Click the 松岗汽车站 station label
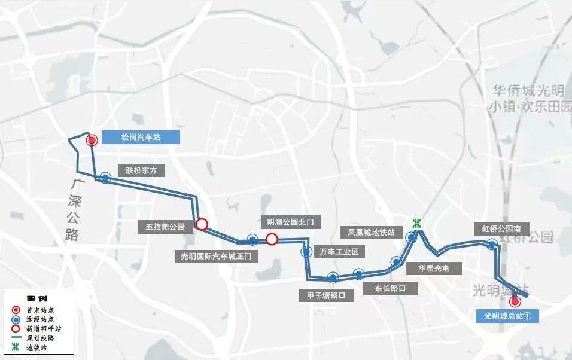141,138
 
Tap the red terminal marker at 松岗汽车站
92,141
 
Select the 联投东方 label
141,170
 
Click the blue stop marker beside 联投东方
105,178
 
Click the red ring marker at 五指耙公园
202,224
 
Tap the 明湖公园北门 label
290,222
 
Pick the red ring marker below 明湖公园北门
272,239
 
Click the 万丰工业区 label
339,251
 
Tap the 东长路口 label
391,288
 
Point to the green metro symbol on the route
418,224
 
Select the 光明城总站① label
507,316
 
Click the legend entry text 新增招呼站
44,328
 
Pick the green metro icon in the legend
17,347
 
